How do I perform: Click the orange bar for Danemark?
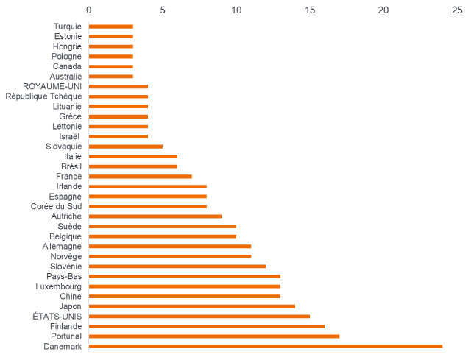point(266,346)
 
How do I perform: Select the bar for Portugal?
point(214,336)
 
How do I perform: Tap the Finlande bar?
point(207,326)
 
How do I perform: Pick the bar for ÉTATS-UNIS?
point(199,316)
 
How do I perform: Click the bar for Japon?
point(192,306)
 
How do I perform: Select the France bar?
point(141,176)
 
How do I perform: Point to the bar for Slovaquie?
point(126,147)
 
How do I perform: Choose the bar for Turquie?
point(111,26)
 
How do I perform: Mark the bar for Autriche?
point(155,216)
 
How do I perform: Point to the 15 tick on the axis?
point(310,10)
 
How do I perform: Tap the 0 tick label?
point(89,10)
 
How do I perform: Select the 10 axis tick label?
point(236,10)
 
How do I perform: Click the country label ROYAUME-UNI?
point(52,86)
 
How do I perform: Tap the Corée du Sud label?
point(56,206)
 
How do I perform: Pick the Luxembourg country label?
point(58,286)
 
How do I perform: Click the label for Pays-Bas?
point(64,276)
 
